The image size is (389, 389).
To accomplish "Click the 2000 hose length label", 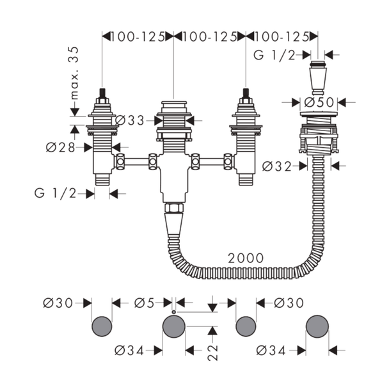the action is [246, 258].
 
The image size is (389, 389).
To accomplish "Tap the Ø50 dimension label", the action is [319, 102].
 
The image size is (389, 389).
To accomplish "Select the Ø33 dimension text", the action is [129, 121].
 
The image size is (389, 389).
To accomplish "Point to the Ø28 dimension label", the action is [60, 148].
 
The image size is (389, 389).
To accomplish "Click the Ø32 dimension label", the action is [277, 166].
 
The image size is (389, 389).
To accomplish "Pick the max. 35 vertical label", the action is [74, 73].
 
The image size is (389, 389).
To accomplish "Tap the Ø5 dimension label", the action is [145, 303].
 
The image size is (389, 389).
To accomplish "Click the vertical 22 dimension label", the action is [212, 353].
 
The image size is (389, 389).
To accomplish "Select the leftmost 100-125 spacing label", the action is [138, 37].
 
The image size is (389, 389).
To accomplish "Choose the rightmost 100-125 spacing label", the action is [282, 37].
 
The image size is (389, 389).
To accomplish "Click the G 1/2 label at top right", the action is [274, 55].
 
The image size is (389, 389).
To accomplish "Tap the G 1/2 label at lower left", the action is [55, 193].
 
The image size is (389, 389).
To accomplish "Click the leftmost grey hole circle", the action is [102, 326].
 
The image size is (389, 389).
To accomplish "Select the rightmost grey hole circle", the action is [317, 326].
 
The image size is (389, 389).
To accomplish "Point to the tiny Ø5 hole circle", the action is [173, 312].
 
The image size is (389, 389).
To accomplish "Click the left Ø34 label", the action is [129, 351].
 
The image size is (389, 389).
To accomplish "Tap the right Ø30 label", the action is [289, 303].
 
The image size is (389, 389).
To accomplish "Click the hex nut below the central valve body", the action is [174, 208].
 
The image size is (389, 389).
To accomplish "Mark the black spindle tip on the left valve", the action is [102, 93].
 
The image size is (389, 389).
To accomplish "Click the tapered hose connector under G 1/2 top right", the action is [318, 77].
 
